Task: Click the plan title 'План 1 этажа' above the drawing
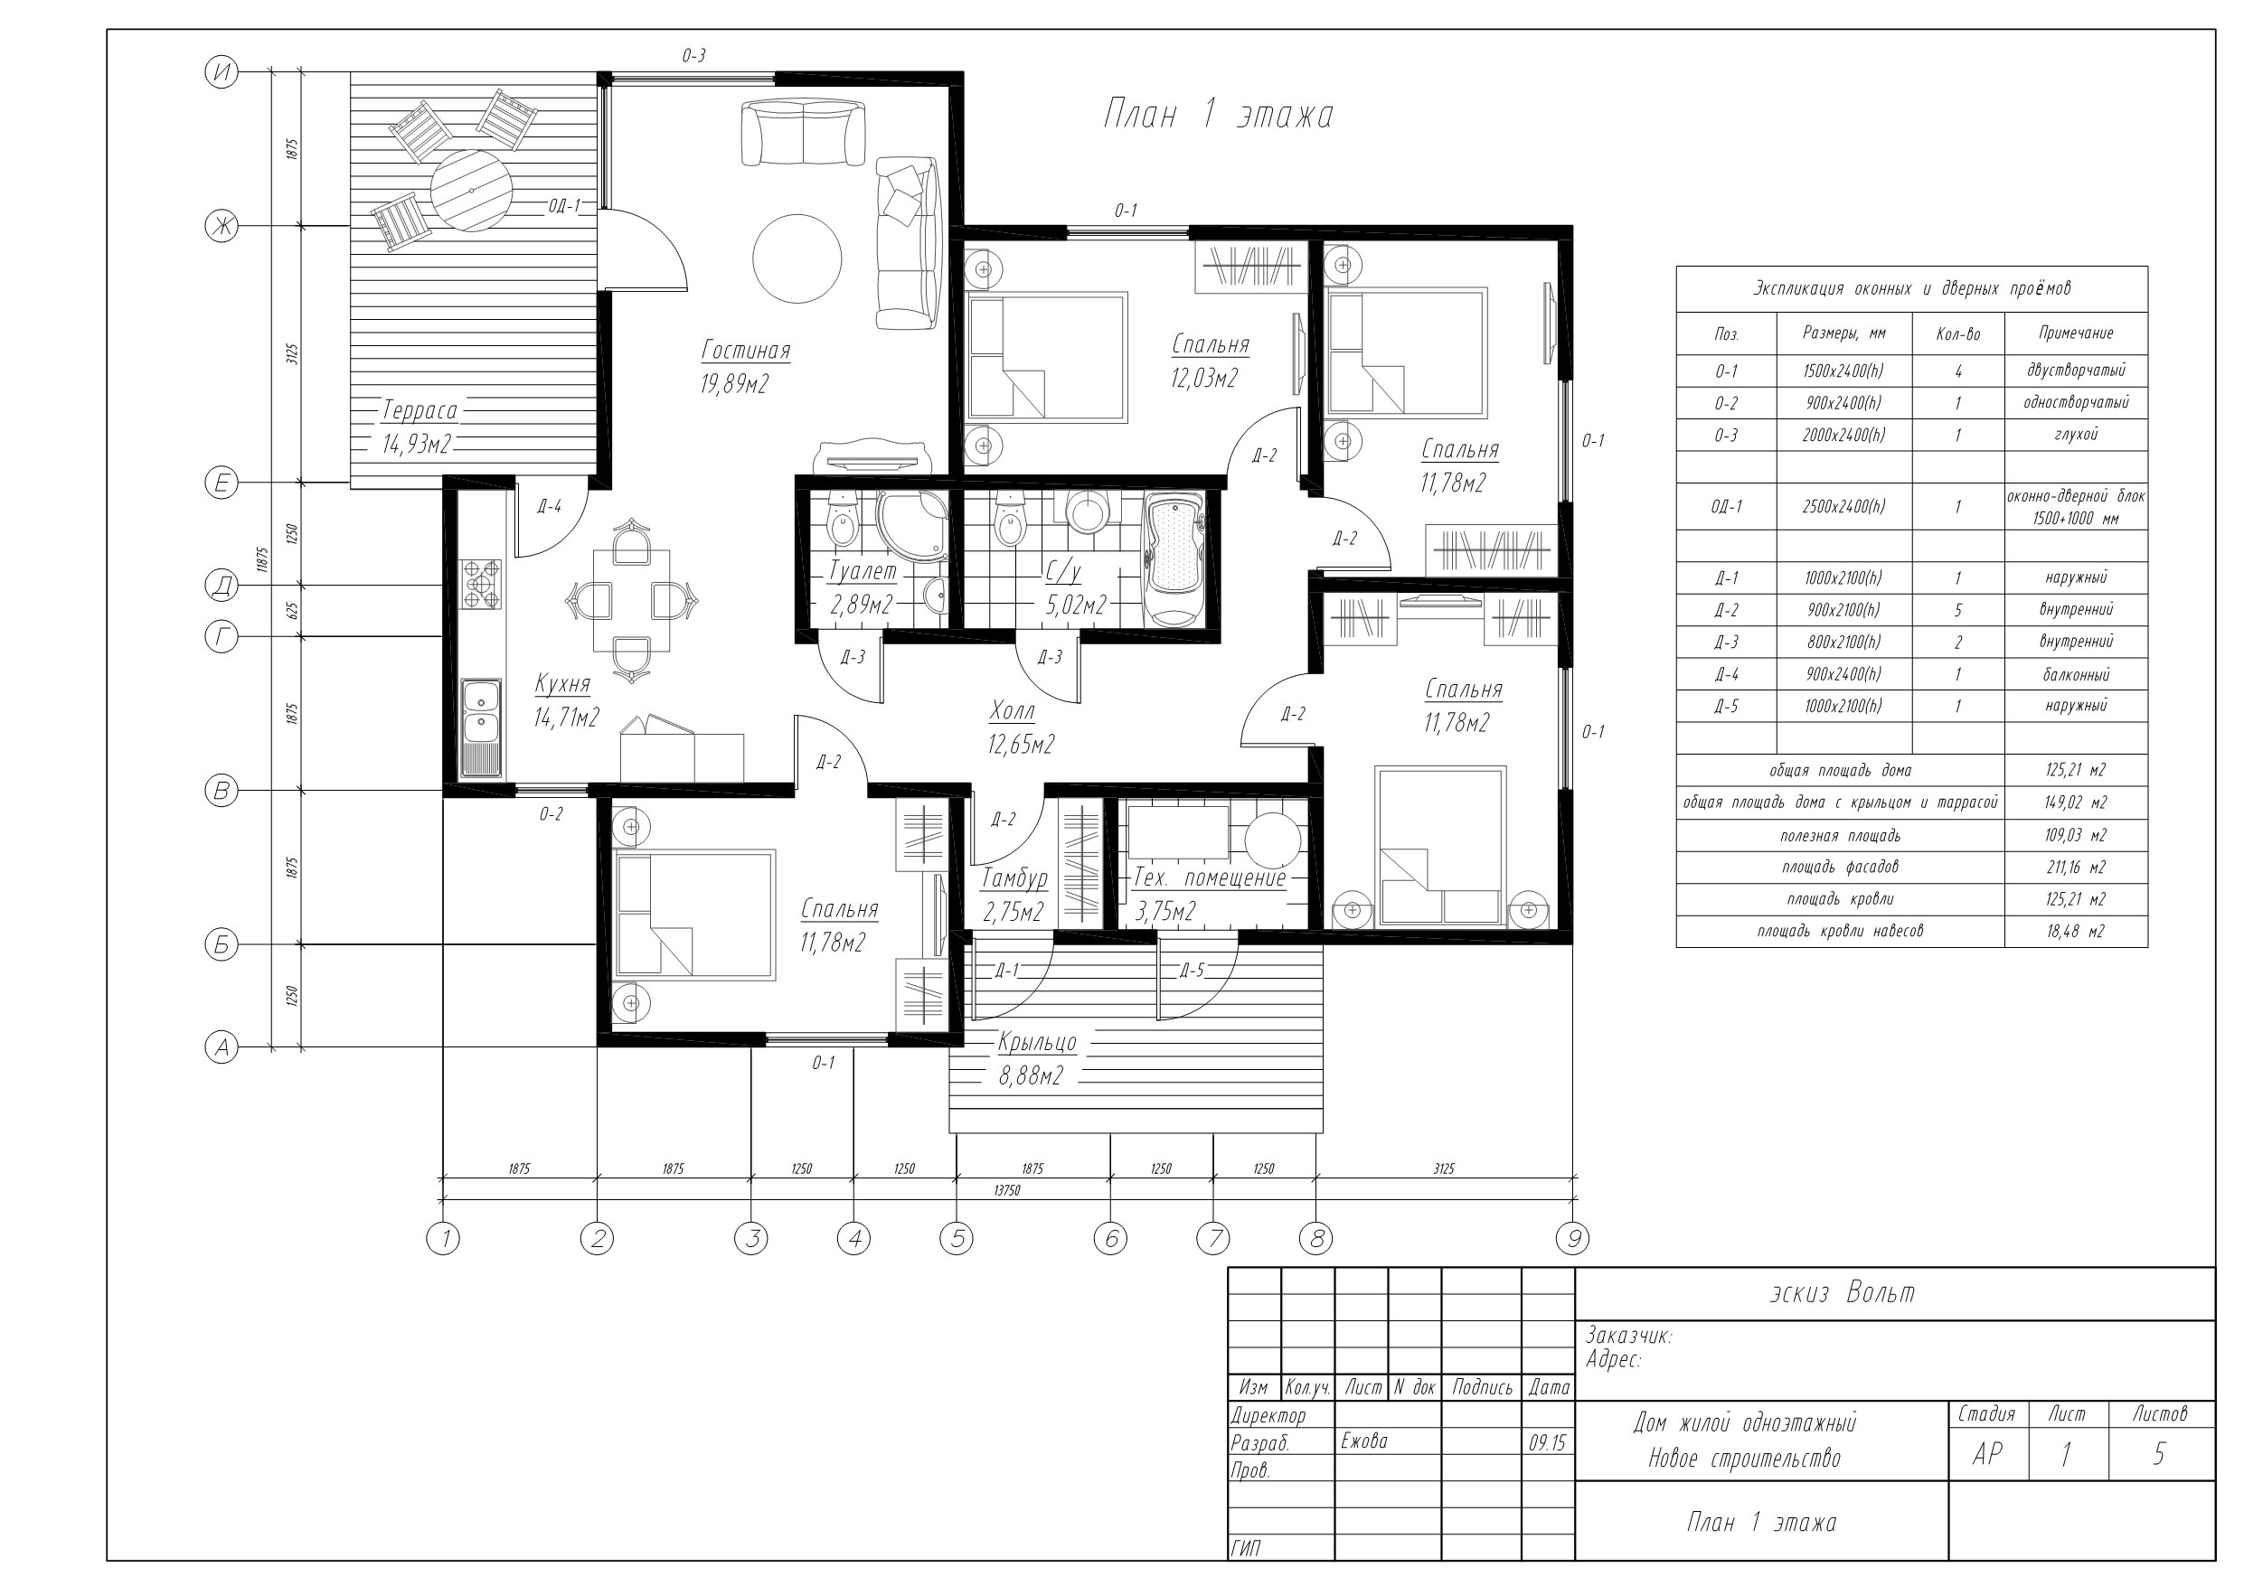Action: click(x=1218, y=115)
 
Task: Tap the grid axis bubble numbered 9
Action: click(x=1572, y=1239)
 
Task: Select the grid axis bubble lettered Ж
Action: click(x=222, y=227)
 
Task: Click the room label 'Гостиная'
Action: click(x=746, y=350)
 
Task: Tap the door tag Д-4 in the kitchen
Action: click(x=551, y=506)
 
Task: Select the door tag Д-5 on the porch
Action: click(x=1193, y=971)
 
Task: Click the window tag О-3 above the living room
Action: click(x=694, y=56)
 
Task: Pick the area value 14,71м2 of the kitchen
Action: click(x=566, y=718)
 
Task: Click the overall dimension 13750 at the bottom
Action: click(x=1006, y=1190)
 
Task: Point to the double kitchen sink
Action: click(x=482, y=727)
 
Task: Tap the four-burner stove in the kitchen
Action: click(x=481, y=585)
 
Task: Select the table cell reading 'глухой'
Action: click(x=2076, y=434)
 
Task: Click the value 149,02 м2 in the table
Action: click(x=2076, y=802)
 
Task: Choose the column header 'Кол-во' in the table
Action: click(x=1957, y=334)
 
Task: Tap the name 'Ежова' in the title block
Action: click(x=1364, y=1441)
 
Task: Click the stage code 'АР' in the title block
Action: click(x=1987, y=1454)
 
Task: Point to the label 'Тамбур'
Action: click(x=1014, y=878)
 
